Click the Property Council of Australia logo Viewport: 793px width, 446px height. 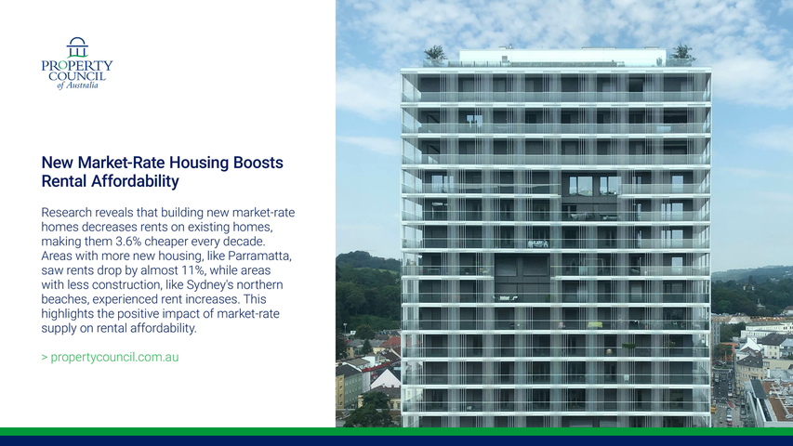click(x=77, y=63)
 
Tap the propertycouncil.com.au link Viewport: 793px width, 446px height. click(x=114, y=357)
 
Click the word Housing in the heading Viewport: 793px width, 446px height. click(x=199, y=163)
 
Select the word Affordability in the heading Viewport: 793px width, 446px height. click(x=135, y=181)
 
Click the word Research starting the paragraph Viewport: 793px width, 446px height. click(x=67, y=213)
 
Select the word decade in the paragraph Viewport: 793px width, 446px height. click(x=245, y=242)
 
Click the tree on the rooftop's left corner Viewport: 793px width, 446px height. click(x=435, y=53)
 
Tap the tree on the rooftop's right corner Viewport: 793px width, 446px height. click(x=682, y=52)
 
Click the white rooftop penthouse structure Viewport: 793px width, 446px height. click(x=562, y=56)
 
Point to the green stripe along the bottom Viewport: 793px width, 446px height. click(x=396, y=431)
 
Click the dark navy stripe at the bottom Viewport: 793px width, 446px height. click(x=396, y=441)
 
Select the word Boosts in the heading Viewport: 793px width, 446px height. click(x=258, y=163)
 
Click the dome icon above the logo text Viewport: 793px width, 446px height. click(x=77, y=47)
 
